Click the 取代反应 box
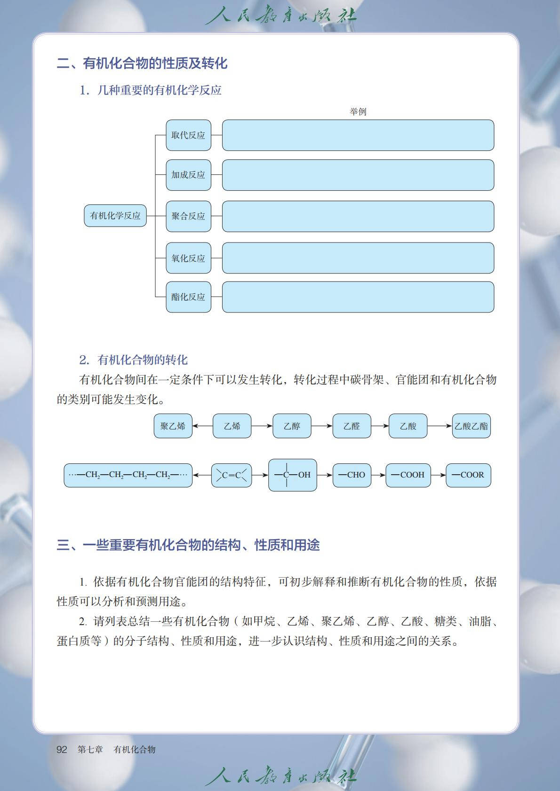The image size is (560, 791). pos(188,135)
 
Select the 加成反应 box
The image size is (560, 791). pos(188,175)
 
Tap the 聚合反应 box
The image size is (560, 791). pos(188,216)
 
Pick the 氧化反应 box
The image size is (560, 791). pos(188,258)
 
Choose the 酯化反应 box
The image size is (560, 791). pos(188,297)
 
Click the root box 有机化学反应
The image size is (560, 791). pos(115,216)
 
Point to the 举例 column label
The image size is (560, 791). pos(358,112)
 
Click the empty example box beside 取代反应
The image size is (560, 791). pos(358,135)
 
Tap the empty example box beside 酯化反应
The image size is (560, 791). pos(358,297)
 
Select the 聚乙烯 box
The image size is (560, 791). pos(173,426)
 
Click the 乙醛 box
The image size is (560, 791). pos(352,426)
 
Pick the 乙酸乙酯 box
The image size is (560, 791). pos(471,426)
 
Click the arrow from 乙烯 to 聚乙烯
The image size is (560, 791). pos(202,426)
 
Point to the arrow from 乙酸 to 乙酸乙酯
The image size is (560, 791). pos(440,426)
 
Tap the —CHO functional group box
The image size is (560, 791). pos(352,475)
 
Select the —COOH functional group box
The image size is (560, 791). pos(408,475)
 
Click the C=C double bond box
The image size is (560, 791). pos(232,475)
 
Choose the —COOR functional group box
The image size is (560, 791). pos(468,475)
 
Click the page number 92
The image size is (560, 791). pos(62,750)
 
